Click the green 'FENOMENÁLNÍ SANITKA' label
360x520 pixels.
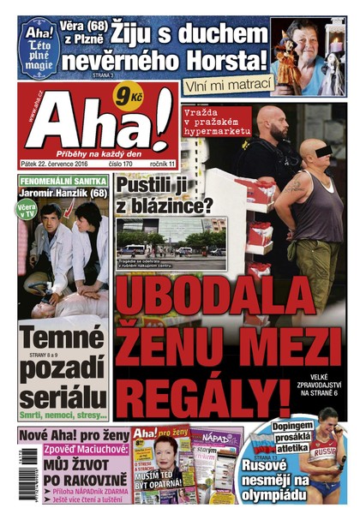[63, 182]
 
